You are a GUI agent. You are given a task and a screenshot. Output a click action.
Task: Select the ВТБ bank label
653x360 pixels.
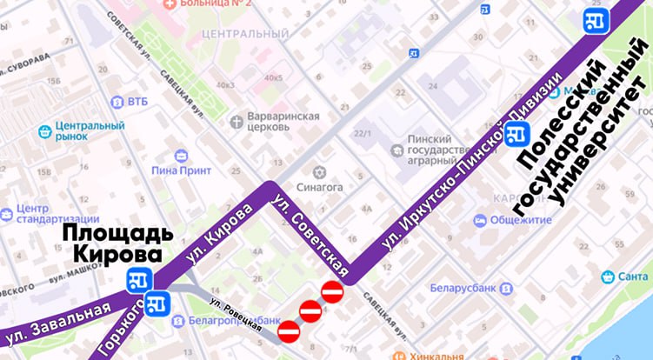[137, 101]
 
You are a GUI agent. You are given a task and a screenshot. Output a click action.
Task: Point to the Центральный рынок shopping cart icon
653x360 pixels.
[46, 132]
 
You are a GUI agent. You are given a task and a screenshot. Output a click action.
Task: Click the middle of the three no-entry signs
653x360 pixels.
[310, 310]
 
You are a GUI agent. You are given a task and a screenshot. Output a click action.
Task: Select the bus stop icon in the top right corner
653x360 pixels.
[596, 20]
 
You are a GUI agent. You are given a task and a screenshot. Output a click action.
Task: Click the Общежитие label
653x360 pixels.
[520, 221]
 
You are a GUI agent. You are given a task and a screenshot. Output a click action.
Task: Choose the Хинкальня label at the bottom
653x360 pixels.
[437, 355]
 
